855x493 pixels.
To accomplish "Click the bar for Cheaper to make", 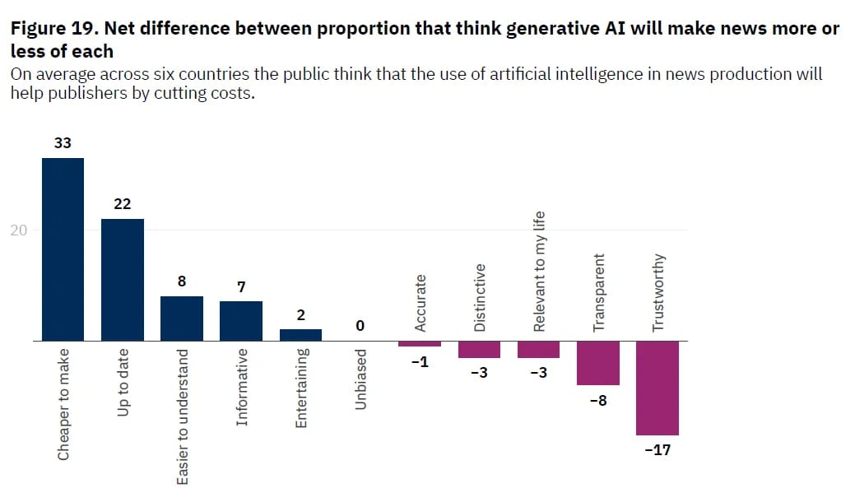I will pos(63,249).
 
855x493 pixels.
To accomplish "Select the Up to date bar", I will pos(122,280).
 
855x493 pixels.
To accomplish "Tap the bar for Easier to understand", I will pos(181,319).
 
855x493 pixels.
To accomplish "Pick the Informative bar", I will pos(240,321).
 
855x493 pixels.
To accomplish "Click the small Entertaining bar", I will pos(300,335).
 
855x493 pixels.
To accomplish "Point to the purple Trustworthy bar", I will pos(657,388).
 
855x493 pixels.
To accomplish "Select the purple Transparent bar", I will pos(597,363).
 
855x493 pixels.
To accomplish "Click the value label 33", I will pos(63,143).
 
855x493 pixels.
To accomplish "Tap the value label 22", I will pos(122,204).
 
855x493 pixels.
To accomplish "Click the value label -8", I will pos(597,401).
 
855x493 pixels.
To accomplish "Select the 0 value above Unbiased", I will pos(360,327).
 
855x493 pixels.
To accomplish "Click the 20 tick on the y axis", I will pos(18,230).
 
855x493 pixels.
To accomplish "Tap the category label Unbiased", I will pos(360,379).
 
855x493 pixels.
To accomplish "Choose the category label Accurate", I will pos(420,304).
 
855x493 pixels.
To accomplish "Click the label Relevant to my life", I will pos(539,271).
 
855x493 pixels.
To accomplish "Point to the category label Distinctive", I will pos(480,298).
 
